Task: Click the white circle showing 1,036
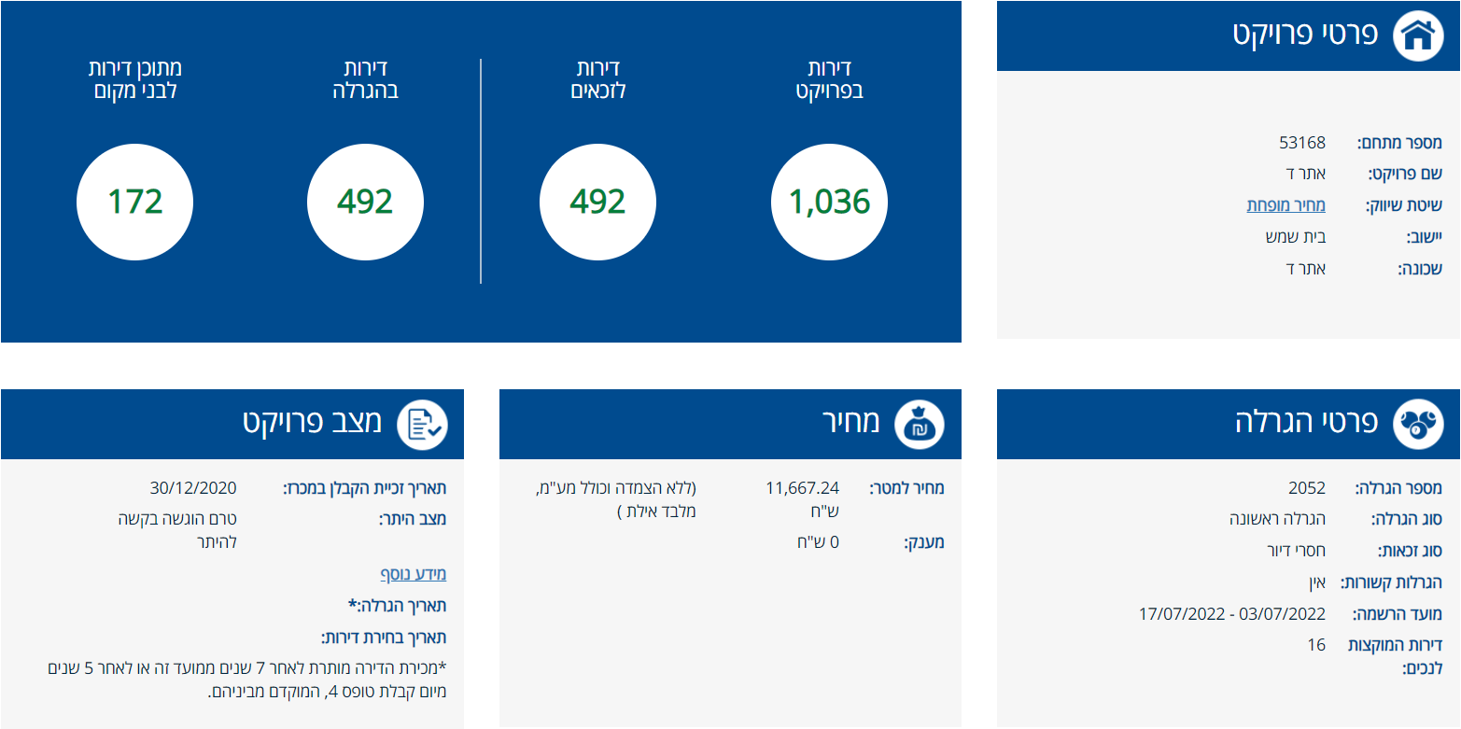(x=829, y=202)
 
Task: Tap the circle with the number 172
(x=134, y=202)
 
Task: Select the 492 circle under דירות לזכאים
(x=597, y=202)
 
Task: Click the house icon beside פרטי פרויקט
(x=1418, y=35)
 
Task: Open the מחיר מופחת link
(x=1285, y=205)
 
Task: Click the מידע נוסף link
(x=413, y=573)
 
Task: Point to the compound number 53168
(x=1302, y=143)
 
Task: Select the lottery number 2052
(x=1307, y=488)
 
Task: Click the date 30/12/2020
(x=193, y=488)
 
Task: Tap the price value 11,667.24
(x=802, y=488)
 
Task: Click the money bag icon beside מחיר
(x=920, y=424)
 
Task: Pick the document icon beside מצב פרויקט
(x=422, y=424)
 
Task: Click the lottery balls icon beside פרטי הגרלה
(x=1418, y=424)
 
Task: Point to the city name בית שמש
(x=1295, y=237)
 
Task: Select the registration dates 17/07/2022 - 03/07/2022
(x=1231, y=614)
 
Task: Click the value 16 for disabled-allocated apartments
(x=1316, y=645)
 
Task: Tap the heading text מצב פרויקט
(x=313, y=422)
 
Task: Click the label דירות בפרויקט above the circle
(x=829, y=80)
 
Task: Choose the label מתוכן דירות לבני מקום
(x=134, y=80)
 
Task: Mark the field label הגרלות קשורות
(x=1391, y=583)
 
